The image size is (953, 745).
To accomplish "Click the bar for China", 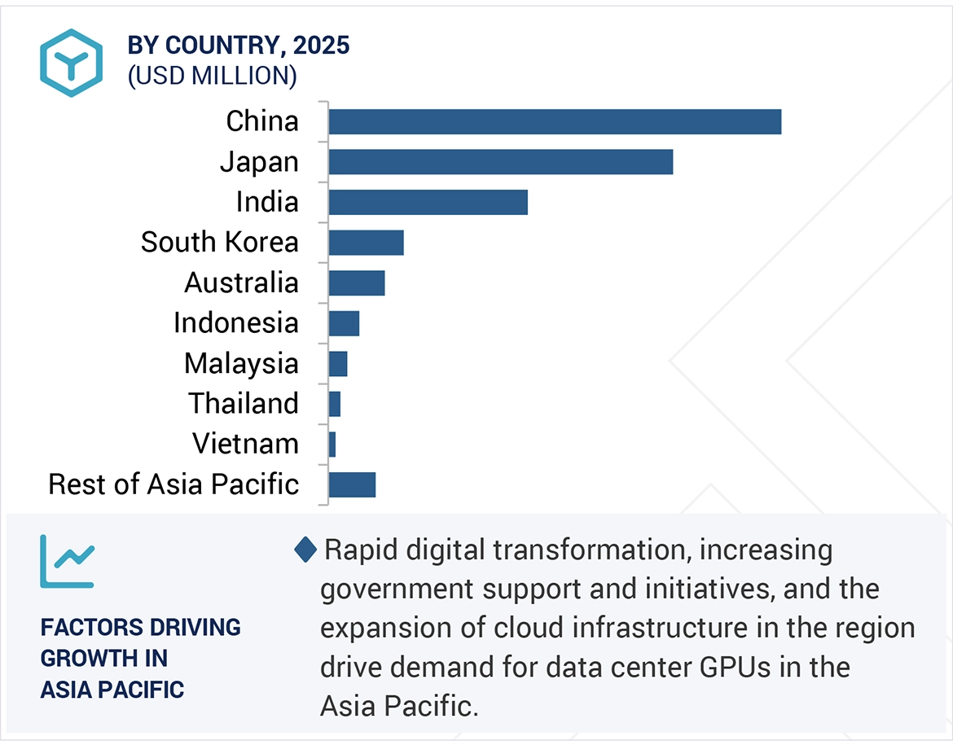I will tap(555, 122).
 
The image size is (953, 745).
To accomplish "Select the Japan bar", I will tap(501, 162).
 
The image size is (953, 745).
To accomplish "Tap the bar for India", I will tap(428, 202).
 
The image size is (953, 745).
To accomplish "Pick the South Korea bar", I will tap(367, 243).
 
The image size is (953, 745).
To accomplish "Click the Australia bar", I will tap(357, 283).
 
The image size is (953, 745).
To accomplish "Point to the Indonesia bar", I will tap(344, 323).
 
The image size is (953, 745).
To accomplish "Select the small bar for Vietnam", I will tap(332, 445).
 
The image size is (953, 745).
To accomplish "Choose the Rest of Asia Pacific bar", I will tap(352, 484).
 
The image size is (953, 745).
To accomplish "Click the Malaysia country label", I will tap(241, 363).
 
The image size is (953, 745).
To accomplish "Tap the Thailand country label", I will tap(244, 403).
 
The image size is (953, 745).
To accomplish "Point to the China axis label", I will tap(262, 121).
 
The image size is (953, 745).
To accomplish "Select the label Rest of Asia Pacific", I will tap(173, 484).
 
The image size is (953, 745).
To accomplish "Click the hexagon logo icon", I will tap(71, 63).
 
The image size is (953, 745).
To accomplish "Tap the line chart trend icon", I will tap(67, 562).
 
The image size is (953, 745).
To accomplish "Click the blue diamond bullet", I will tap(305, 550).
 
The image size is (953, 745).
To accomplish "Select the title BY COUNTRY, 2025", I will tap(238, 45).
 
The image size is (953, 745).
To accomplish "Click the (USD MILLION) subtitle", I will tap(212, 76).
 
